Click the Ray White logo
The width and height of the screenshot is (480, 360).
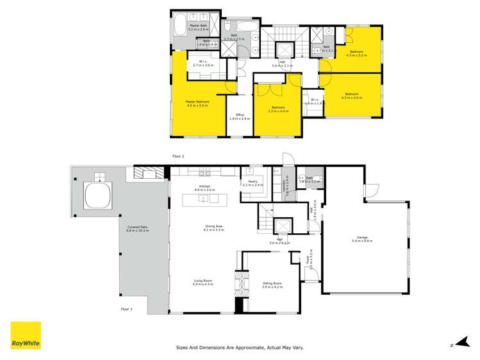26,336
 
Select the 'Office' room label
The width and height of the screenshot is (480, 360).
240,115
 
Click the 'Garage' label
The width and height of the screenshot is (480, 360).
362,238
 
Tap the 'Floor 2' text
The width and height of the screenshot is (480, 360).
178,156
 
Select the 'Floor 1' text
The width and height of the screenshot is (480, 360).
126,309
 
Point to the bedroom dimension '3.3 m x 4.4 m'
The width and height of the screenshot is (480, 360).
278,111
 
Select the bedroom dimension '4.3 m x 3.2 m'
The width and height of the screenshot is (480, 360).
356,55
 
